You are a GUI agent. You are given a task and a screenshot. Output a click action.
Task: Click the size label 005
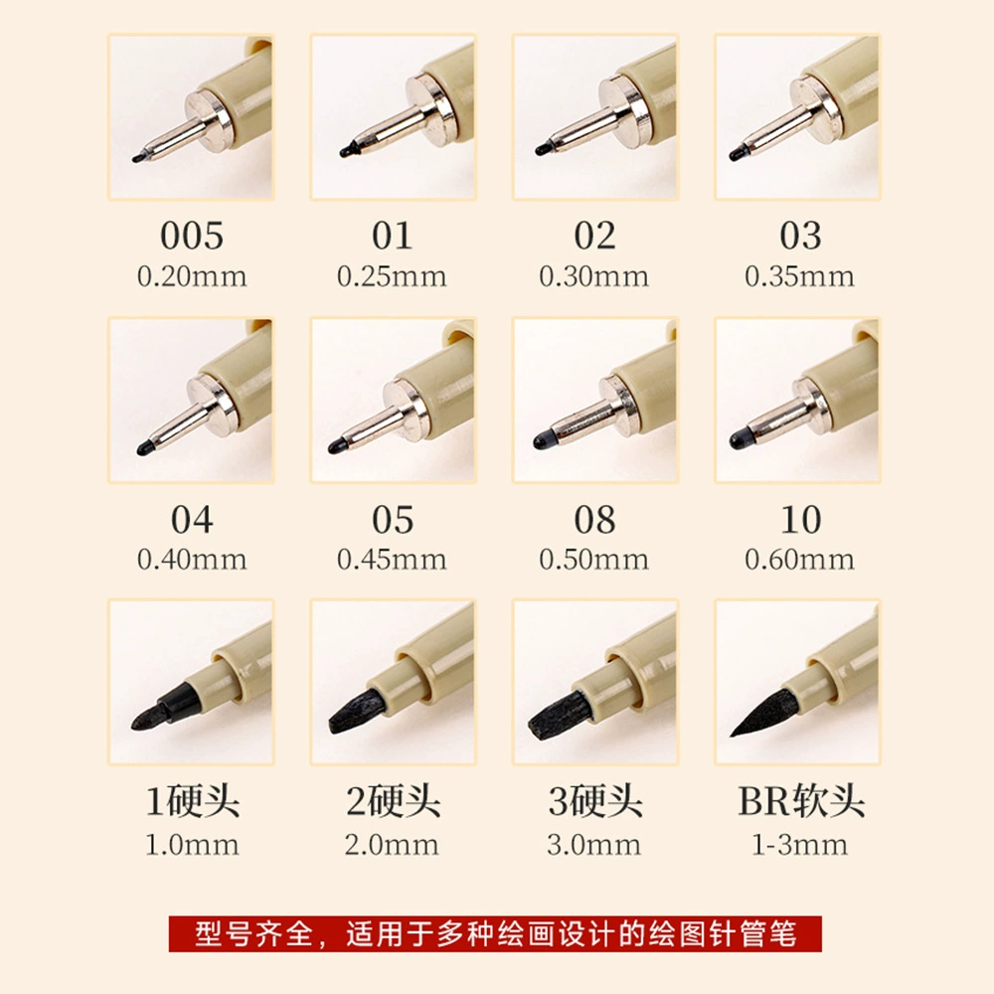tap(192, 236)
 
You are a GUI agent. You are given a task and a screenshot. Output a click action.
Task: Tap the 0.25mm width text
tap(392, 276)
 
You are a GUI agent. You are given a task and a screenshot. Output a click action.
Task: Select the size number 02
tap(594, 236)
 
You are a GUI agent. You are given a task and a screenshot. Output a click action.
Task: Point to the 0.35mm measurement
tap(799, 276)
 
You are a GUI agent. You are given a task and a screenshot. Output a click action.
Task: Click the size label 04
tap(192, 519)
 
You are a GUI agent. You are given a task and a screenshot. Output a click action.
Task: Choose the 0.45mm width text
tap(392, 560)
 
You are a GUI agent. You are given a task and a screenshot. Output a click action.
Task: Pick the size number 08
tap(594, 519)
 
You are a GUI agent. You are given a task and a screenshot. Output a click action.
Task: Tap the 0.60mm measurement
tap(799, 560)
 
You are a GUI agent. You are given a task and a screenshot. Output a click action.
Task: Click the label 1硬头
tap(193, 801)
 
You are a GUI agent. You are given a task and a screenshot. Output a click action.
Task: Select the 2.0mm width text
tap(392, 845)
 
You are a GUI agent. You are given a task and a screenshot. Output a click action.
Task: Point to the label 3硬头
tap(595, 801)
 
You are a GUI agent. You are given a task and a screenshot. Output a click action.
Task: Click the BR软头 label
tap(801, 801)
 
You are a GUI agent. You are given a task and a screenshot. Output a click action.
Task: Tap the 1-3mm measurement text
tap(799, 845)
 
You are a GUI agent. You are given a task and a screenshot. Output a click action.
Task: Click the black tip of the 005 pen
tap(139, 157)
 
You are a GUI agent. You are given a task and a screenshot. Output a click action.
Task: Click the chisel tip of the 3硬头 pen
tap(559, 716)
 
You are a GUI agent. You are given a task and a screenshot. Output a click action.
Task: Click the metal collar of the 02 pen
tap(623, 111)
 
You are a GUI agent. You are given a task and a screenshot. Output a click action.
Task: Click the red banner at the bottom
tap(495, 933)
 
